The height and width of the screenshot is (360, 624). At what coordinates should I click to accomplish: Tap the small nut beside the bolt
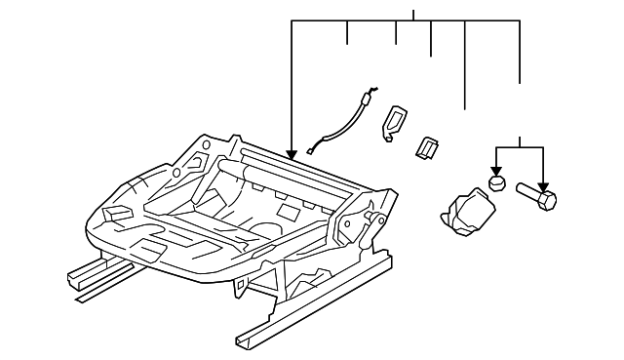(x=497, y=181)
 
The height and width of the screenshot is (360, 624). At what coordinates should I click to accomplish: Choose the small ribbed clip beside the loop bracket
(x=427, y=146)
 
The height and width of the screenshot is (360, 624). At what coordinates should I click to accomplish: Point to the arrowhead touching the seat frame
(x=292, y=154)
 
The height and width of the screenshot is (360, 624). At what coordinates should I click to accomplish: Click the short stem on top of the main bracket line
(x=413, y=16)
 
